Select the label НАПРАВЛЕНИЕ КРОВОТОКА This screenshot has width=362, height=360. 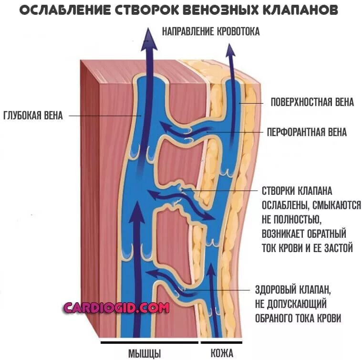(x=211, y=32)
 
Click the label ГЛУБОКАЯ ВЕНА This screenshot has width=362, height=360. (x=33, y=116)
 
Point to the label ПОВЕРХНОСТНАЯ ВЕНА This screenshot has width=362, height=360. (x=312, y=102)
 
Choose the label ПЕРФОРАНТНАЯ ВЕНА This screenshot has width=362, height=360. (x=306, y=132)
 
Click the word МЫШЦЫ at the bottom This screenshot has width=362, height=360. (x=145, y=353)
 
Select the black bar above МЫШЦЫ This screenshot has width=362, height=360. (x=149, y=342)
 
